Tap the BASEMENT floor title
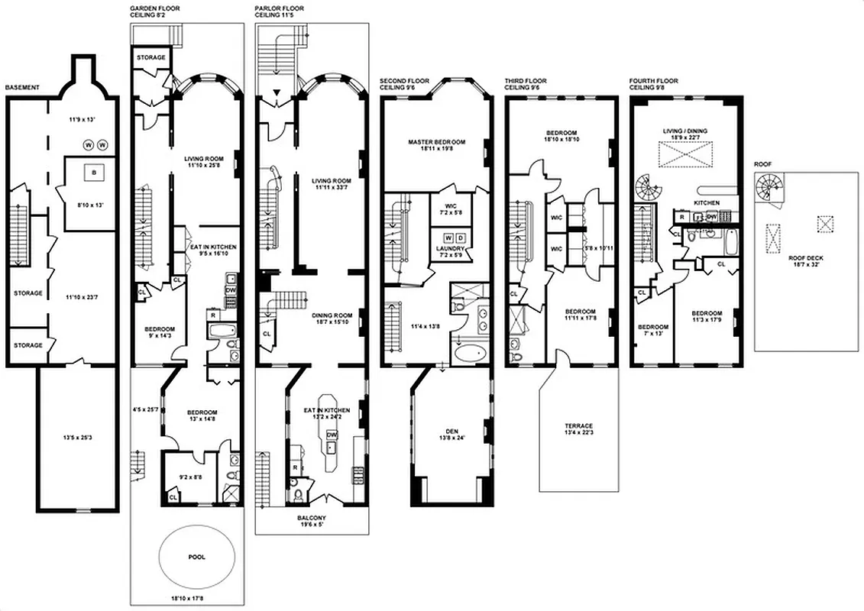pyautogui.click(x=22, y=88)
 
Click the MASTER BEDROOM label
pyautogui.click(x=436, y=141)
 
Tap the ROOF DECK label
pyautogui.click(x=805, y=258)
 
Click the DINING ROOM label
pyautogui.click(x=332, y=315)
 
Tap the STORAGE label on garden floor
pyautogui.click(x=150, y=58)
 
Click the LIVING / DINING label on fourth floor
pyautogui.click(x=684, y=131)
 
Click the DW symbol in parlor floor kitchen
pyautogui.click(x=332, y=435)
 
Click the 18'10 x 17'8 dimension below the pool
pyautogui.click(x=188, y=598)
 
